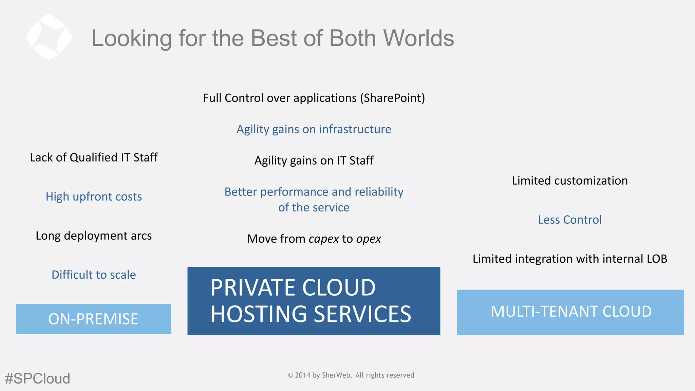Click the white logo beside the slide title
49,37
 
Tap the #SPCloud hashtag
37,378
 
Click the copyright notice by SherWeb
351,375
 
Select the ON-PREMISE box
94,319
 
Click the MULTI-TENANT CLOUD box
570,312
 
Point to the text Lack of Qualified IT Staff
94,157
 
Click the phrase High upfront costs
94,197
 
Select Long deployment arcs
94,236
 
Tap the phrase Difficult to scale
94,275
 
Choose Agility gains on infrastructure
314,129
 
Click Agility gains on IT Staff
314,161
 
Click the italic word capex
323,239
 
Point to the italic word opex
369,239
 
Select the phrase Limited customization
570,181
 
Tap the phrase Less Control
570,220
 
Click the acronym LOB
657,259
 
